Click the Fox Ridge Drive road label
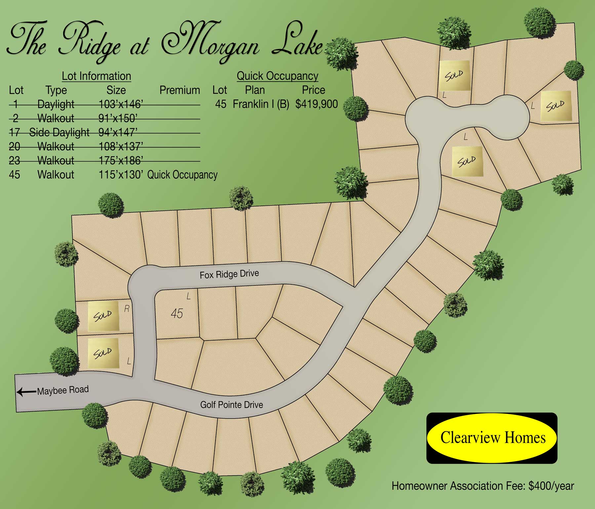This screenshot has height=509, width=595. [x=229, y=274]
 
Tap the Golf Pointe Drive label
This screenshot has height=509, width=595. [x=231, y=405]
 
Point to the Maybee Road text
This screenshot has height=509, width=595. [x=63, y=390]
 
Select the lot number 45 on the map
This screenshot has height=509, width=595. [x=177, y=313]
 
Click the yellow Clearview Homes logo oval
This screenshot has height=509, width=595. [x=493, y=438]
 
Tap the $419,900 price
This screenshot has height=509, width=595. [x=317, y=104]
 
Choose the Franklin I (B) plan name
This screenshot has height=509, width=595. [x=261, y=104]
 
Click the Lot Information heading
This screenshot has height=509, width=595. [x=96, y=76]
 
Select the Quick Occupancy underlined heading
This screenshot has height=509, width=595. [x=277, y=76]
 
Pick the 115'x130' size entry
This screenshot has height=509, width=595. [x=121, y=175]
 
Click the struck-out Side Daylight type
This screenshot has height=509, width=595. [x=59, y=132]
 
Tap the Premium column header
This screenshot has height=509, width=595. [x=179, y=90]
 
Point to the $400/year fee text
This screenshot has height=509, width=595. [x=551, y=486]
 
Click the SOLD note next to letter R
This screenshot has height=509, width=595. [x=103, y=316]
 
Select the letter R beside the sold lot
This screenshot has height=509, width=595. [x=127, y=309]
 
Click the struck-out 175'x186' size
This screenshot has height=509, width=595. [x=121, y=161]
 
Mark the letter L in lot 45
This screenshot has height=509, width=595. [x=188, y=296]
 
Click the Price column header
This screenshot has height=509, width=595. [x=313, y=90]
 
